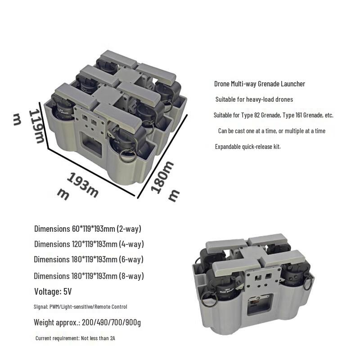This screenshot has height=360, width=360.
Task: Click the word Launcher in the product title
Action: (x=293, y=84)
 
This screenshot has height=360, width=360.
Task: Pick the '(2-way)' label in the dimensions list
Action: (x=129, y=229)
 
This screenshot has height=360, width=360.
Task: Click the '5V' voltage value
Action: (x=67, y=292)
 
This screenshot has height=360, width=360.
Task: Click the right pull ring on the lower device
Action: (x=308, y=283)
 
